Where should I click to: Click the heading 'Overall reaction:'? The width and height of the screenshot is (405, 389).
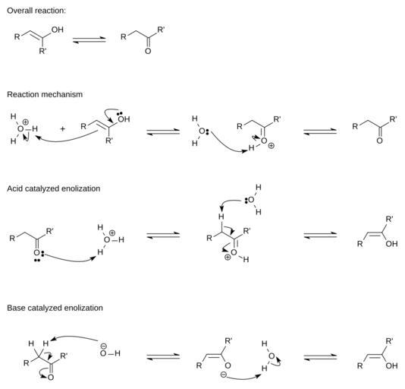pos(36,11)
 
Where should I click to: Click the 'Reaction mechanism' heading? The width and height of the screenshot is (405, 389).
pos(45,94)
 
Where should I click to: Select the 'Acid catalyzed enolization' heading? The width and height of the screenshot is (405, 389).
pos(53,188)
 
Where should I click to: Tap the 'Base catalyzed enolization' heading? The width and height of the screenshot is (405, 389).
pos(55,308)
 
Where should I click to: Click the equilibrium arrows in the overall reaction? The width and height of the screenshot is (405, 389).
pos(89,40)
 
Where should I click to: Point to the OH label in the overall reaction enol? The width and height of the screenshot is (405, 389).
pos(58,30)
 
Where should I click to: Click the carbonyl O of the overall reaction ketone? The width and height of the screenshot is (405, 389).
pos(148,51)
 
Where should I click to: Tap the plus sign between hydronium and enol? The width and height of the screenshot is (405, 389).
pos(62,128)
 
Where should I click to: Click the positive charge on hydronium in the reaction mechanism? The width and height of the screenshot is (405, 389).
pos(26,122)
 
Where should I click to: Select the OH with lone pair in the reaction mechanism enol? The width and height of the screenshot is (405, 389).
pos(124,118)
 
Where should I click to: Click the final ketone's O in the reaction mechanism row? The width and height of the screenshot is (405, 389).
pos(379,141)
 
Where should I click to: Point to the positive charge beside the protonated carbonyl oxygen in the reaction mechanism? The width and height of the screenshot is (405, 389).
pos(271,146)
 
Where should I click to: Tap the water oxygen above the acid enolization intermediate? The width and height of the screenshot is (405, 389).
pos(251,200)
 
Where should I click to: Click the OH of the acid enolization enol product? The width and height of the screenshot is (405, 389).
pos(391,244)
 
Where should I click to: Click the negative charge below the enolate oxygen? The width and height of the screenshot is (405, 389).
pos(224,375)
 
